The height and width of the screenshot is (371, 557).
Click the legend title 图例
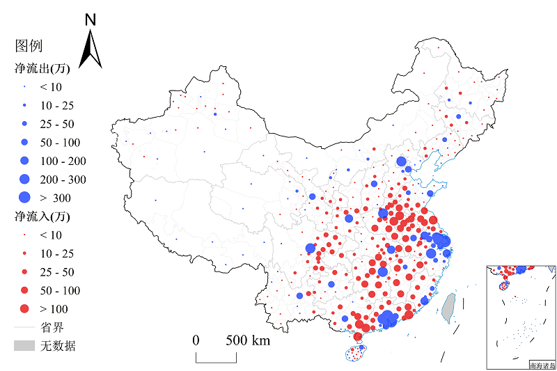[x=29, y=46]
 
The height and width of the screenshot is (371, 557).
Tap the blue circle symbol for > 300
[x=24, y=198]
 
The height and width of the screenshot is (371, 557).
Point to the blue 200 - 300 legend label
[x=63, y=180]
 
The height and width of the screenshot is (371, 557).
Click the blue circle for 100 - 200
[x=24, y=161]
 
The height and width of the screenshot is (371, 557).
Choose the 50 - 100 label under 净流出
[x=61, y=143]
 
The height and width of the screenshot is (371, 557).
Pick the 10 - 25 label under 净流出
[x=57, y=106]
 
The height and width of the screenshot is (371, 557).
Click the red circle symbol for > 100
[x=24, y=308]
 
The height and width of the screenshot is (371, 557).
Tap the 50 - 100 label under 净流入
[x=61, y=290]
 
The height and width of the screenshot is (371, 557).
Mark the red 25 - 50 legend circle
[x=24, y=271]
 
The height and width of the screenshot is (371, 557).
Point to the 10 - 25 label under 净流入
[x=57, y=253]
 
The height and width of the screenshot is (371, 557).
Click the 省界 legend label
[x=52, y=327]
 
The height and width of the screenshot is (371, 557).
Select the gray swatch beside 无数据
[x=24, y=345]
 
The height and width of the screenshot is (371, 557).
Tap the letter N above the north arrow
[x=91, y=20]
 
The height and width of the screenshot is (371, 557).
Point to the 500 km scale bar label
[x=247, y=340]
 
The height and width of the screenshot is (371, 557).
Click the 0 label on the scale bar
[x=196, y=340]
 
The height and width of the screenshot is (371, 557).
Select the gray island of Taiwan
[x=448, y=307]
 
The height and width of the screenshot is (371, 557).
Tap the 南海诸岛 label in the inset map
[x=542, y=365]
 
